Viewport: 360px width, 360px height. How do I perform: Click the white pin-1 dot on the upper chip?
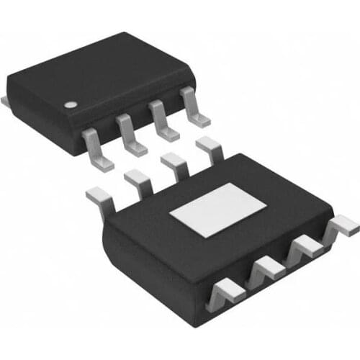pyautogui.click(x=70, y=104)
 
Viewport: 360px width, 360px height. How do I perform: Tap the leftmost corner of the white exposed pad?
pyautogui.click(x=170, y=214)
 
